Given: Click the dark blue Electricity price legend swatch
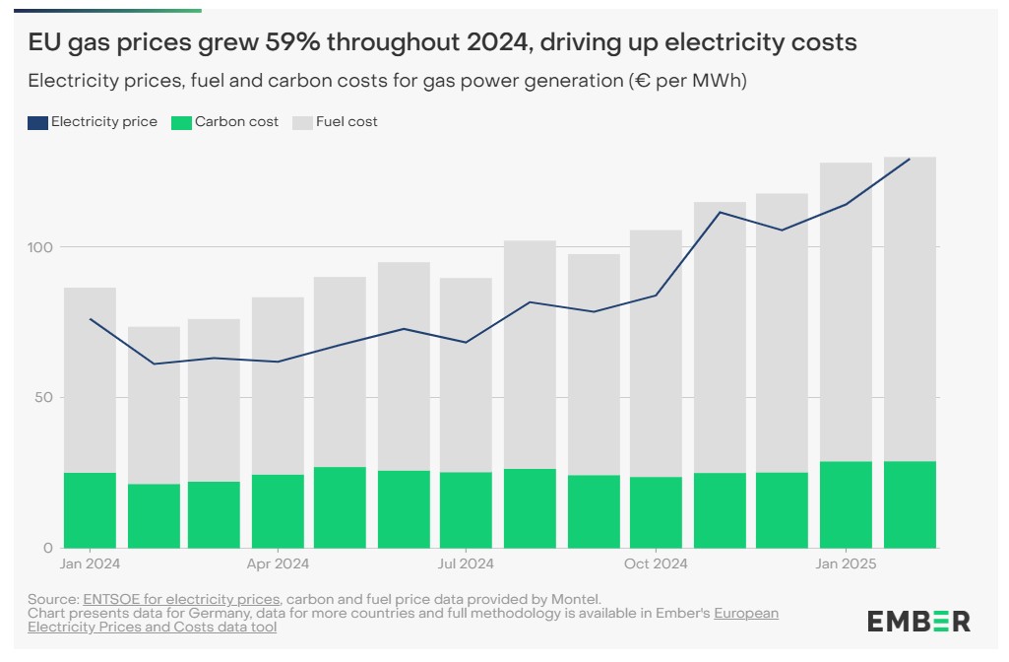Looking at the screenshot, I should pyautogui.click(x=38, y=122).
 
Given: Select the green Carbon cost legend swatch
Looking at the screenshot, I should pyautogui.click(x=181, y=122).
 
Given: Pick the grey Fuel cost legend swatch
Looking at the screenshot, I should pyautogui.click(x=302, y=122).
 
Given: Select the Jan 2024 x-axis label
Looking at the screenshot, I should pyautogui.click(x=90, y=564).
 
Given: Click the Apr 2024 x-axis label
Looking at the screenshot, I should pyautogui.click(x=278, y=564).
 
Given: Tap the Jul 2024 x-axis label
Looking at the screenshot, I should pyautogui.click(x=466, y=564).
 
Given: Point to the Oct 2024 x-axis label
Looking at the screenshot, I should pyautogui.click(x=656, y=564).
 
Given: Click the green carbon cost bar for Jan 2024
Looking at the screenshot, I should pyautogui.click(x=90, y=510).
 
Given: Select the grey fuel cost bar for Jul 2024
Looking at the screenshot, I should pyautogui.click(x=466, y=374).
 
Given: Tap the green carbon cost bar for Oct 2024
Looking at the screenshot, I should pyautogui.click(x=656, y=512).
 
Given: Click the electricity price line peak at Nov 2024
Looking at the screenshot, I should pyautogui.click(x=721, y=212).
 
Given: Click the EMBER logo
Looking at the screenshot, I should pyautogui.click(x=918, y=622).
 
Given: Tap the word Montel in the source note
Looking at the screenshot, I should pyautogui.click(x=575, y=599).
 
